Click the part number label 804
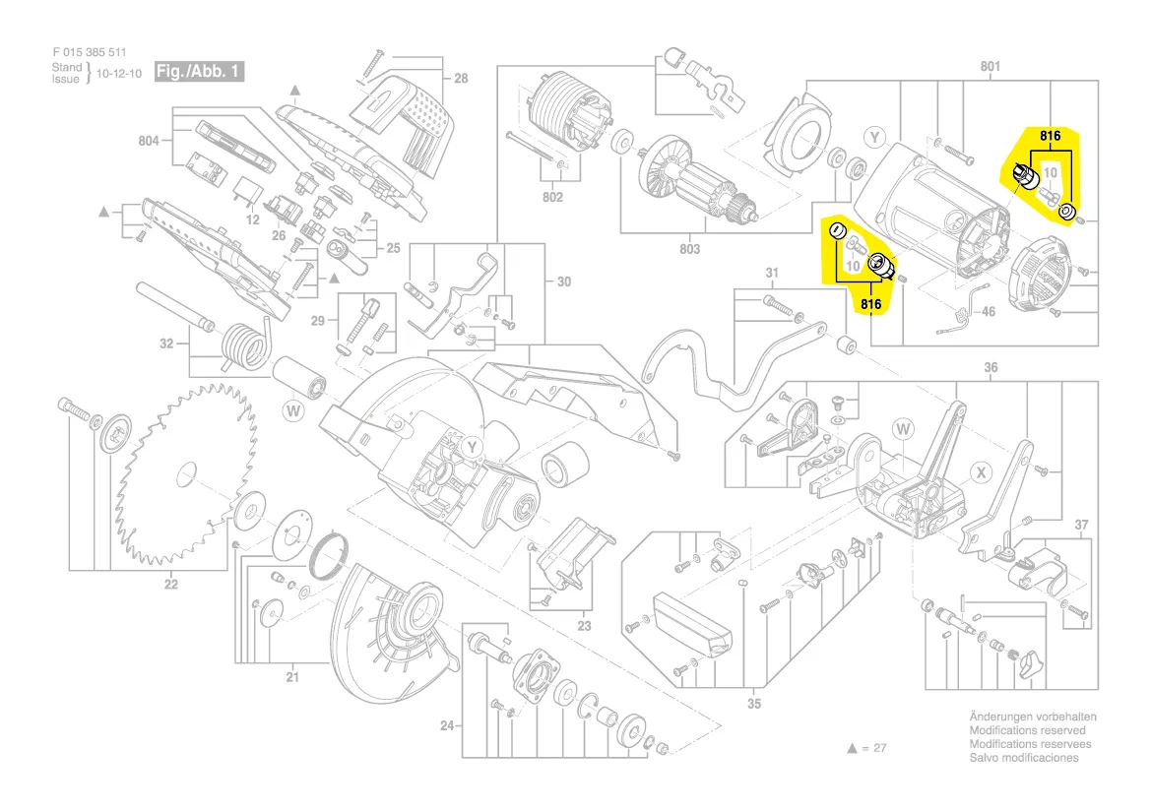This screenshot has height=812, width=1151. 148,142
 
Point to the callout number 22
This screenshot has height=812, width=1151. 171,585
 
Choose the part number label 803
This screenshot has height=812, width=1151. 689,249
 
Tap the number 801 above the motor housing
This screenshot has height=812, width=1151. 990,67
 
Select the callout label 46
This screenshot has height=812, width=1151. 988,312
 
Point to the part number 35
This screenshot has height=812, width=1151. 754,703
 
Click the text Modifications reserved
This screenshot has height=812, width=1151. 1027,730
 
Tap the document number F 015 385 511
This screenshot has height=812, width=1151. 90,52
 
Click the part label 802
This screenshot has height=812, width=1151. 552,198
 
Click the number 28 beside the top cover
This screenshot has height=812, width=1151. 461,79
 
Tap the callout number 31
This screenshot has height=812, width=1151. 772,273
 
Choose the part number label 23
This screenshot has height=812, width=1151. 584,625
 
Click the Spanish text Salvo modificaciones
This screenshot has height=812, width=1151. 1023,758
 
